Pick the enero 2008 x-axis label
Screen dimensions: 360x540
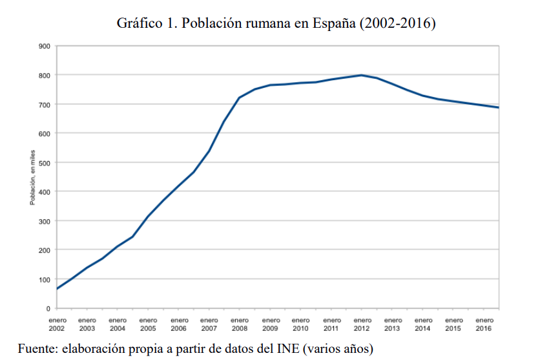[240, 324]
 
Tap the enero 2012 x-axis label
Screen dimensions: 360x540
[362, 324]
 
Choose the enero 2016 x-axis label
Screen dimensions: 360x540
[484, 324]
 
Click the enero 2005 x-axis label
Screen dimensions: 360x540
[148, 324]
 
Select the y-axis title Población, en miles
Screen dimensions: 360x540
[32, 177]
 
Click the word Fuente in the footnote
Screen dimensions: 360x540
[36, 349]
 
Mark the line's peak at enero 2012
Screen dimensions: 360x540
[362, 75]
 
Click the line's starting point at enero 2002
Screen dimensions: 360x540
[57, 289]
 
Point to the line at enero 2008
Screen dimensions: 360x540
[240, 98]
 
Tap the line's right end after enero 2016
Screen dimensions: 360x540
[499, 107]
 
